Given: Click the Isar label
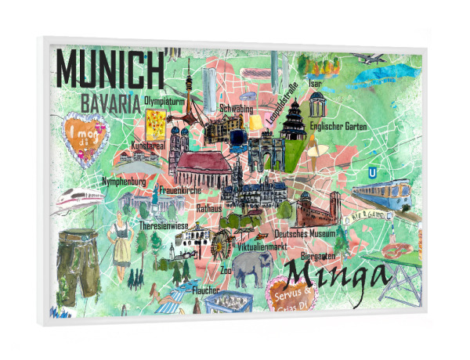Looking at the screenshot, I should click(316, 83).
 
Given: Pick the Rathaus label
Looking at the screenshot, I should click(208, 209).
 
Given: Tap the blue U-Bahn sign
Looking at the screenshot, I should click(372, 171).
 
